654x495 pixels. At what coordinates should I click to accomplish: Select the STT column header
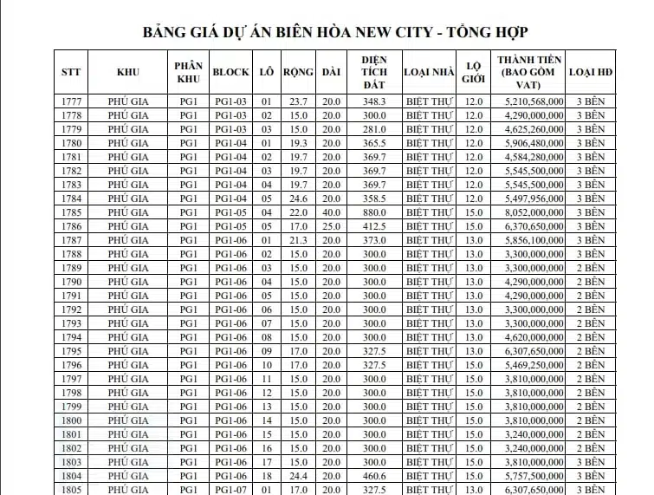[x=72, y=72]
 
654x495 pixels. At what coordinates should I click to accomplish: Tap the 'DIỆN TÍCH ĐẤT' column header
[x=374, y=72]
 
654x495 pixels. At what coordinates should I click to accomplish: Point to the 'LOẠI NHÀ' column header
[x=429, y=72]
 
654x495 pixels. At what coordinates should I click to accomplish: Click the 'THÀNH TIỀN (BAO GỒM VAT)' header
[x=530, y=72]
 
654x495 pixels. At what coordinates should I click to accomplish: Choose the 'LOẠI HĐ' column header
[x=590, y=72]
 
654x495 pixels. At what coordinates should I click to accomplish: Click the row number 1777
[x=72, y=101]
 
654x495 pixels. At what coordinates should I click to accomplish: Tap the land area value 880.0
[x=374, y=212]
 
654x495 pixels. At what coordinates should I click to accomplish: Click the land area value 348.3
[x=374, y=101]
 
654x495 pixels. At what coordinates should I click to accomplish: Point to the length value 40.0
[x=331, y=212]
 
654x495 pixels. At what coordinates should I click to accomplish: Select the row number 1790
[x=72, y=282]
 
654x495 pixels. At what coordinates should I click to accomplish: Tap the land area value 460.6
[x=374, y=476]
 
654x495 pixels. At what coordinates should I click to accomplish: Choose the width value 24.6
[x=298, y=199]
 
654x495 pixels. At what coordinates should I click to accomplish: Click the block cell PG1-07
[x=230, y=489]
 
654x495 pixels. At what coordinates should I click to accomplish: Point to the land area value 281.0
[x=374, y=129]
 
